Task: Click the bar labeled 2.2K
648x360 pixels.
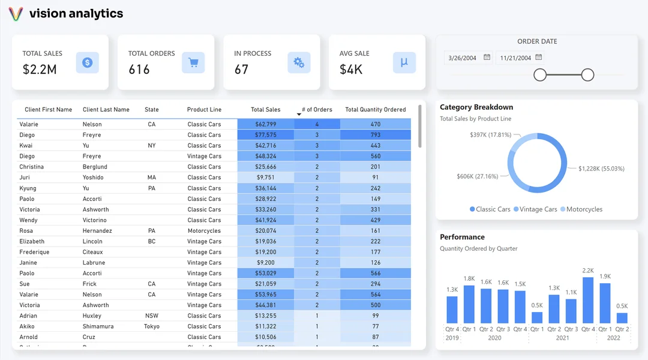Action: click(588, 301)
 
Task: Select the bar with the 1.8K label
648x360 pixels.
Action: click(469, 305)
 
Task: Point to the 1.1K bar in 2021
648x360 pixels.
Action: click(571, 311)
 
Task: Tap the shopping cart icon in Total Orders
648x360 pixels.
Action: click(193, 62)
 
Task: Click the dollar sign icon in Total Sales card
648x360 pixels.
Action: click(87, 62)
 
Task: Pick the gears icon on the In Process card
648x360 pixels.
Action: click(298, 62)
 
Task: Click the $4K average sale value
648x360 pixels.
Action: click(351, 70)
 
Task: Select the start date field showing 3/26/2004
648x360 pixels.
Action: click(463, 58)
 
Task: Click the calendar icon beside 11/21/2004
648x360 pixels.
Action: click(539, 58)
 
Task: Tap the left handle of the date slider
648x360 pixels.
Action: click(540, 74)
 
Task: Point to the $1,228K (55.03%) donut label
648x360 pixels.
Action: click(601, 169)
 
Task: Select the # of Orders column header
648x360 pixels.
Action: click(317, 110)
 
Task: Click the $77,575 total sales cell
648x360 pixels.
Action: click(265, 135)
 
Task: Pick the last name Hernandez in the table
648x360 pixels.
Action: click(97, 231)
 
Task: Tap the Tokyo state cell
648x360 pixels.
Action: click(152, 326)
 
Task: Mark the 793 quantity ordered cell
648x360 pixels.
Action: click(376, 135)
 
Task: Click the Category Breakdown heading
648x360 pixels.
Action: click(476, 107)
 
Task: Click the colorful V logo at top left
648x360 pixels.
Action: click(16, 14)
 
